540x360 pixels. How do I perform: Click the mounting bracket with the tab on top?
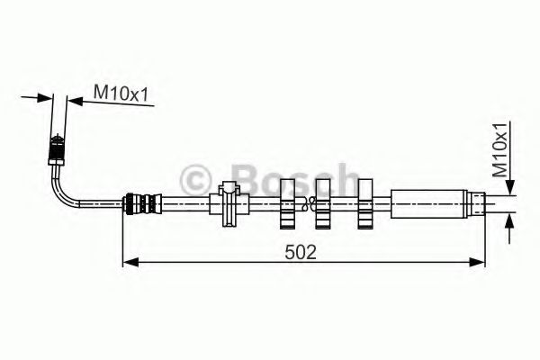[x=229, y=202]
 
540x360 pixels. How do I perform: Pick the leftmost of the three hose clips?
[x=288, y=202]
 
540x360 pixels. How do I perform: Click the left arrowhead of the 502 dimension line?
[x=129, y=262]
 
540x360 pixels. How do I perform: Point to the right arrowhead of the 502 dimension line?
[x=479, y=262]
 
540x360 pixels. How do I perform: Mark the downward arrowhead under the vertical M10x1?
[x=509, y=186]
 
